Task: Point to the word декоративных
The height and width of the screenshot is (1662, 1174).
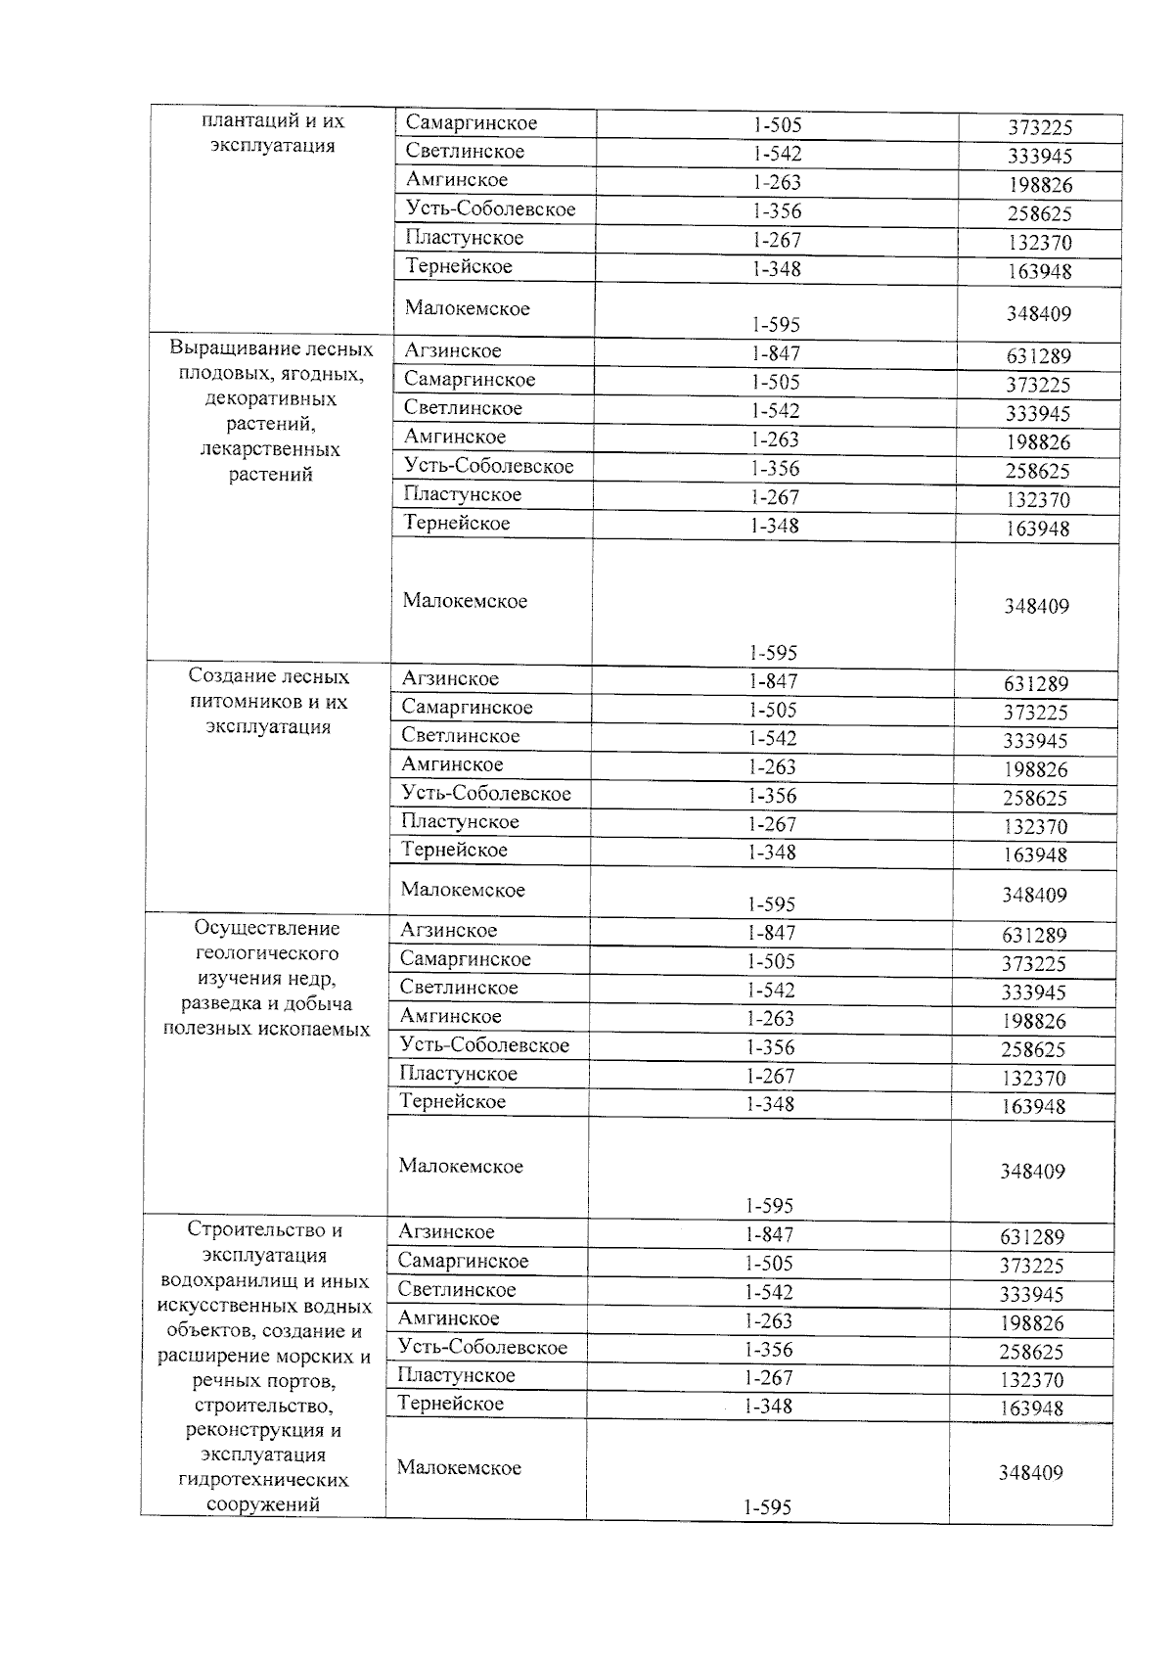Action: coord(271,399)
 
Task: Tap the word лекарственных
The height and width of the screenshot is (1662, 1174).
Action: coord(270,450)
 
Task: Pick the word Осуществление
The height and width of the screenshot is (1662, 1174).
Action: coord(267,928)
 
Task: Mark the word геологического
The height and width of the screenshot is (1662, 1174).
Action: coord(267,953)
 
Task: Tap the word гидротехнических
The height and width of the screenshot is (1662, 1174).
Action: coord(263,1480)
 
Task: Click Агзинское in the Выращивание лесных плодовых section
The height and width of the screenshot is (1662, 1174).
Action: coord(452,350)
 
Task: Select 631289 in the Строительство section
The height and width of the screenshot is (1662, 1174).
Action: coord(1031,1237)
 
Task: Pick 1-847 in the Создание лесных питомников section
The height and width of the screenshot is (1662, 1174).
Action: coord(773,681)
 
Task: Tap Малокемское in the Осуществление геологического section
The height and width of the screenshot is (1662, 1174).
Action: coord(461,1166)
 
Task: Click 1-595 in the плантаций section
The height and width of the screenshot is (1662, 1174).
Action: coord(777,324)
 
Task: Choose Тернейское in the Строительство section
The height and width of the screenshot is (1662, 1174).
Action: coord(451,1404)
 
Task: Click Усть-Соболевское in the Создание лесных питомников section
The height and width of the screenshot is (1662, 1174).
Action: coord(485,793)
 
